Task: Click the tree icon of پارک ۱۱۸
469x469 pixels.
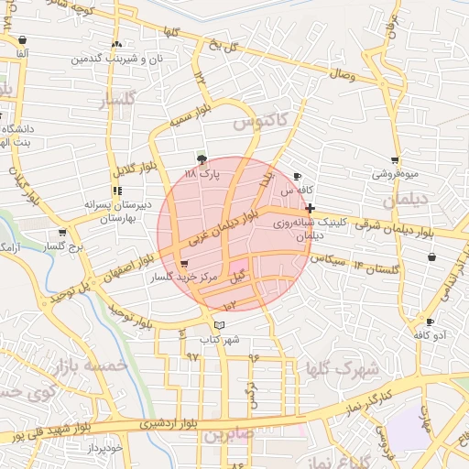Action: (202, 158)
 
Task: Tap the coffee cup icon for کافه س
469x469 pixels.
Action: (297, 176)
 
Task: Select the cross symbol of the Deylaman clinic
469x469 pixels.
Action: (310, 209)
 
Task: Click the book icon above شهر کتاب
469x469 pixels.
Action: (218, 324)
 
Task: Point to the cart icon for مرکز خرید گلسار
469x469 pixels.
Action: (186, 264)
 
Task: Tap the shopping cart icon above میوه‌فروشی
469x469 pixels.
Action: (395, 159)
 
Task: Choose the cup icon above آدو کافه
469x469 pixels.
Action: (430, 322)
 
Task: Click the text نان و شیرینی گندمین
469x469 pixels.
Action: (115, 58)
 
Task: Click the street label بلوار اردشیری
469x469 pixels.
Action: (169, 424)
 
